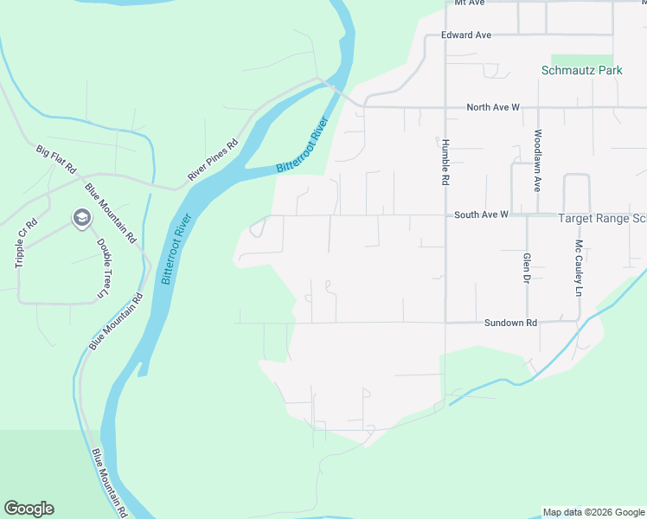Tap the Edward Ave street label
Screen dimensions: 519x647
(465, 35)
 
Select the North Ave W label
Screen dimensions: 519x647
(492, 107)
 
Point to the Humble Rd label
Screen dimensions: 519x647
(445, 163)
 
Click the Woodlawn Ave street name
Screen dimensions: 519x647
(537, 161)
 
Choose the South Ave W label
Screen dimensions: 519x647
(480, 214)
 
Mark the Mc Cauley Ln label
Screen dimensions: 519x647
(579, 268)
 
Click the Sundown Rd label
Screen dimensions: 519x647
(510, 323)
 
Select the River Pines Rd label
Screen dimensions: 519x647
(212, 162)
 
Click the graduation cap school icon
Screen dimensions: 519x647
(81, 219)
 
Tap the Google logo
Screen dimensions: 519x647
(29, 509)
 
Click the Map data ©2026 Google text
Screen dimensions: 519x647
(593, 512)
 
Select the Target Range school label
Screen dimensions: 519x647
(601, 220)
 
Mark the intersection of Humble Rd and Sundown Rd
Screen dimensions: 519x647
(445, 323)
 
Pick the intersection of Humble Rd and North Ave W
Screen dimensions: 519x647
(445, 108)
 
